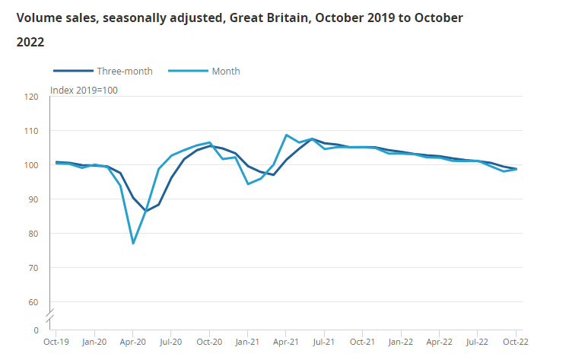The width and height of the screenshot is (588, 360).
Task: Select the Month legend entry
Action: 226,71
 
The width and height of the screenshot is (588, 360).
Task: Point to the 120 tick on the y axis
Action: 31,97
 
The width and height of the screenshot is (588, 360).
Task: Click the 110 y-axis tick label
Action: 31,131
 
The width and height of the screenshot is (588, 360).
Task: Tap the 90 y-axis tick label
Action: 33,199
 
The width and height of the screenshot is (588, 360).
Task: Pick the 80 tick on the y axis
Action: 33,234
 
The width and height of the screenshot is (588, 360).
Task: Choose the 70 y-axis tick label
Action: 33,268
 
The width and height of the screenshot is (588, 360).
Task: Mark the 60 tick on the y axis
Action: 33,302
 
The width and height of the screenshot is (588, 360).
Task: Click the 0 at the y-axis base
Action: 36,330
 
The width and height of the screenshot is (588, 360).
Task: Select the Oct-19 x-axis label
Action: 56,342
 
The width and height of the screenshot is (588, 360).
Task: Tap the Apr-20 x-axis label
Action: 132,342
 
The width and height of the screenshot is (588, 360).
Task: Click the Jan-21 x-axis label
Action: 247,342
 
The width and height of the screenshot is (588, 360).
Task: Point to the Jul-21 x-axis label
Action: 324,342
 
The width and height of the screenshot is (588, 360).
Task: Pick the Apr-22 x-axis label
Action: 439,342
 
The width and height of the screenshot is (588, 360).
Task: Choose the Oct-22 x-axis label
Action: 516,342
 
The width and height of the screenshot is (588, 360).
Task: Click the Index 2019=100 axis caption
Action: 84,91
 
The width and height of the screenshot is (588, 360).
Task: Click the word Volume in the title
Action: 39,17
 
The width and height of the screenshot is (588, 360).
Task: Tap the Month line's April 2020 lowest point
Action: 133,244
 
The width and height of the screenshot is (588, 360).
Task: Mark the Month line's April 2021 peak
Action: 286,135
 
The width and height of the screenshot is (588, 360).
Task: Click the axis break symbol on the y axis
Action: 49,314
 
